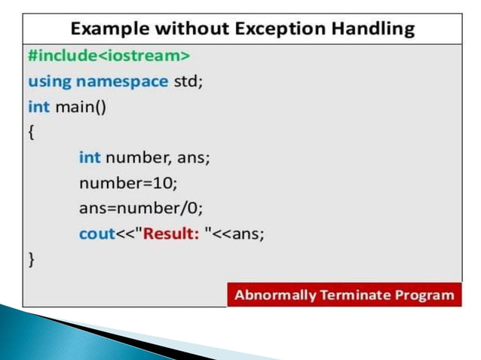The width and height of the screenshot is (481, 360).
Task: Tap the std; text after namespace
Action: (x=188, y=81)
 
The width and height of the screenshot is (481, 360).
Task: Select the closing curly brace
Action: (x=31, y=260)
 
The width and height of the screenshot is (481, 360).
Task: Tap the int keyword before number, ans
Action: (x=89, y=157)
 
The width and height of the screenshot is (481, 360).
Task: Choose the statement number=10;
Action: (x=127, y=183)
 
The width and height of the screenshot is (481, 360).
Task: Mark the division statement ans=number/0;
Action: (x=139, y=209)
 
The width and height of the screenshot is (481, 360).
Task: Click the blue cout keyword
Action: (x=97, y=234)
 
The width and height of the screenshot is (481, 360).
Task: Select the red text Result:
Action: (x=171, y=234)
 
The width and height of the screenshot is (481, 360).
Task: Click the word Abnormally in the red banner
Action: (x=274, y=294)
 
